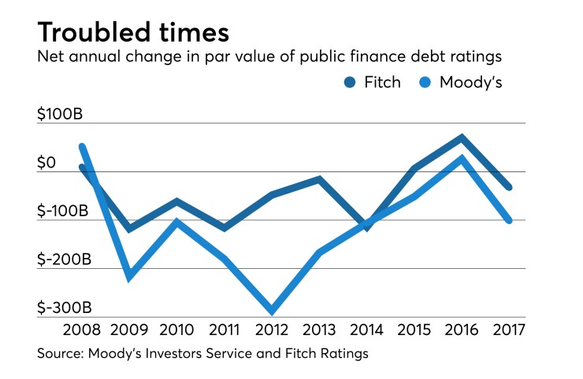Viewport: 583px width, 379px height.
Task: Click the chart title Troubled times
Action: tap(133, 32)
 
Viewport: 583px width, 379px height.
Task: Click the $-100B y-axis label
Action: tap(63, 211)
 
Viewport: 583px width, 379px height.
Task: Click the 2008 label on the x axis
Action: tap(81, 329)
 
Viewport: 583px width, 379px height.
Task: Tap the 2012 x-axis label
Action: tap(273, 329)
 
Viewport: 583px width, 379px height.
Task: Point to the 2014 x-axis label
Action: tap(368, 329)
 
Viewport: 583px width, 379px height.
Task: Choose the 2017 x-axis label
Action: tap(511, 329)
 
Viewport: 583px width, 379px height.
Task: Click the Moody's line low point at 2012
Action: tap(273, 311)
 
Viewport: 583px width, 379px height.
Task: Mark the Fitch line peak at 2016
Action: tap(462, 138)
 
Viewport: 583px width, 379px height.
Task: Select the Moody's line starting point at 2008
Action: tap(82, 146)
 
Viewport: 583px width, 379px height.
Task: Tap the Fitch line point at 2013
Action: tap(319, 179)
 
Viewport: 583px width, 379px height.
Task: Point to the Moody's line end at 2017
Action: tap(510, 221)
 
